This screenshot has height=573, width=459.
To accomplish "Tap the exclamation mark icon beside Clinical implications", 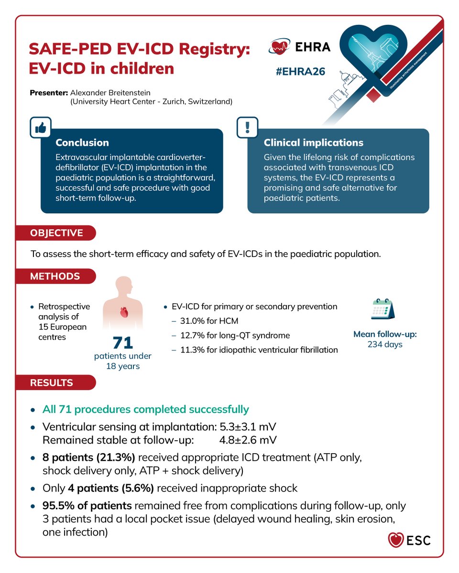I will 247,127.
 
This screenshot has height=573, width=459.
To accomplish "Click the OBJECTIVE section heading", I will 56,233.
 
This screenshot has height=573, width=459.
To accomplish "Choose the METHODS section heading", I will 55,276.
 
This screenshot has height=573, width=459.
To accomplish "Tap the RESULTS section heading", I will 52,382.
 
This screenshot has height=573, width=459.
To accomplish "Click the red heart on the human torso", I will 123,313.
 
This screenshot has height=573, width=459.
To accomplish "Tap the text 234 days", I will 385,344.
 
